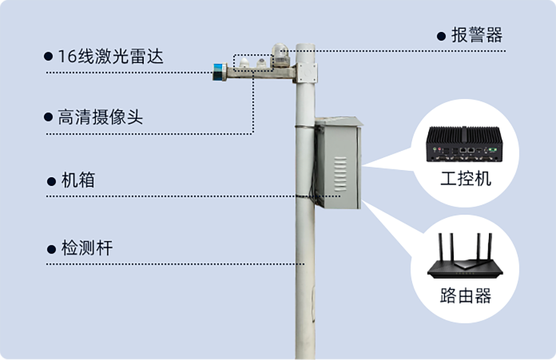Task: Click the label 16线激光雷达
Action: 115,57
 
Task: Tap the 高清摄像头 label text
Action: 100,117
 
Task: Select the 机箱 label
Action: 77,181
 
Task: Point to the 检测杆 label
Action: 86,248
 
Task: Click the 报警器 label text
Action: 476,36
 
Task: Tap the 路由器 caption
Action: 465,295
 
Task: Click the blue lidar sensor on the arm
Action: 217,71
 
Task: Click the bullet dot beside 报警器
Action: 440,36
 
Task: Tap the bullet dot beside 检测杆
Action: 51,249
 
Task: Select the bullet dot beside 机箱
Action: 51,182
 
